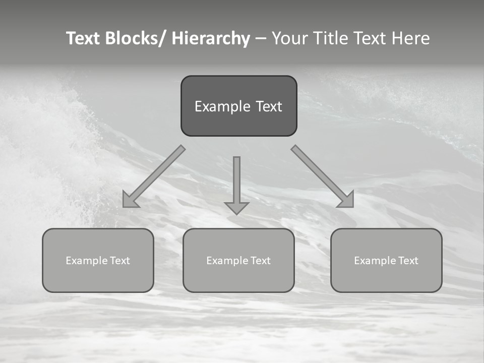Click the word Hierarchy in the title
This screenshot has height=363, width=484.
211,39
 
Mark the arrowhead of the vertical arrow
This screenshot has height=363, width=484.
236,208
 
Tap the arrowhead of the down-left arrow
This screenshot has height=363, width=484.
130,201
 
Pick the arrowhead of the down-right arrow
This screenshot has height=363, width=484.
347,201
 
